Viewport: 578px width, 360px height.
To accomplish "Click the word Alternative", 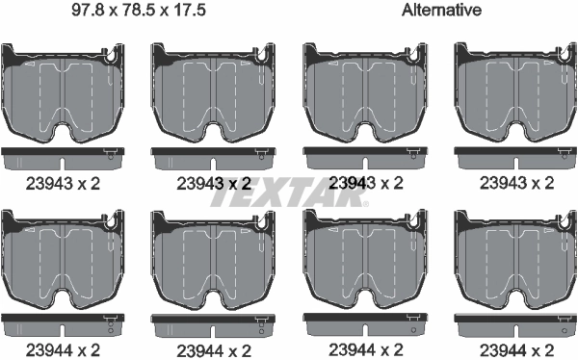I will [444, 12].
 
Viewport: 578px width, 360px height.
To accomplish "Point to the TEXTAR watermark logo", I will [289, 196].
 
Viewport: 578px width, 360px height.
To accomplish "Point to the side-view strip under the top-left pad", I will [63, 154].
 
